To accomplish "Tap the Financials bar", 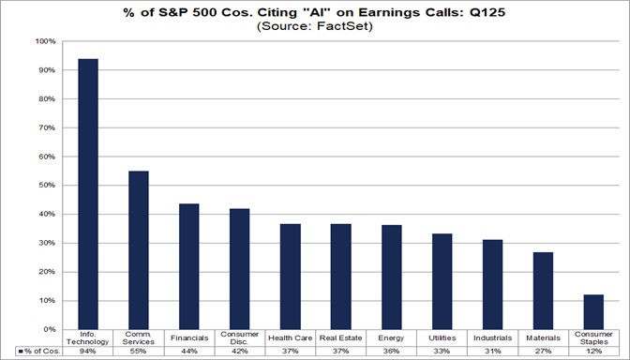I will coord(189,266).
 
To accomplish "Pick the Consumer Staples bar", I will coord(593,312).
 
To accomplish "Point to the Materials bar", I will coord(543,291).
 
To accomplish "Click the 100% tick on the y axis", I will coord(46,41).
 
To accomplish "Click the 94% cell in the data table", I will coord(88,351).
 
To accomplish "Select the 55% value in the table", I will coord(139,351).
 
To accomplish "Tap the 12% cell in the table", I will coord(593,351).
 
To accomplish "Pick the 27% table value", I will coord(543,351).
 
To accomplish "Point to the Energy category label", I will coord(392,338).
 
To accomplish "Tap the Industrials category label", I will coord(492,338).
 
